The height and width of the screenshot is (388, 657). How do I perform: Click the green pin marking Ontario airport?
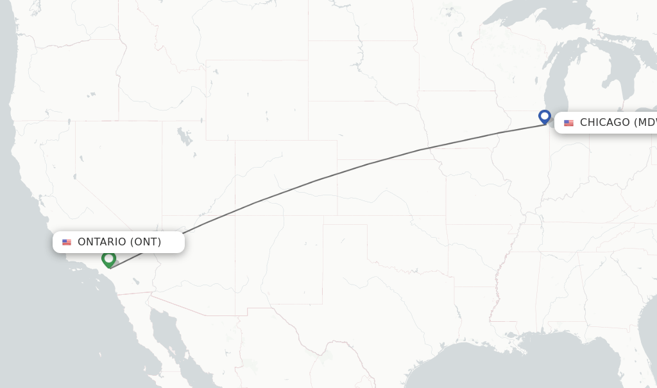click(x=109, y=259)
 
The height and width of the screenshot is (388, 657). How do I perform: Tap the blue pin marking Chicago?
click(x=545, y=117)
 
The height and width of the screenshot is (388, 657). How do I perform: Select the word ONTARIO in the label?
click(x=102, y=242)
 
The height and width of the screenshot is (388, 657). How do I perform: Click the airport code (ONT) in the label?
click(x=146, y=242)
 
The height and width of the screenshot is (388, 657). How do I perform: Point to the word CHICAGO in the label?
click(x=604, y=123)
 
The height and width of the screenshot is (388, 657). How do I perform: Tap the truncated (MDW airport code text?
click(x=645, y=123)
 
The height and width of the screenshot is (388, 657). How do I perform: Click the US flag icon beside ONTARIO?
click(x=67, y=242)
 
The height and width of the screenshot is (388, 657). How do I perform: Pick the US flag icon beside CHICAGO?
click(x=568, y=123)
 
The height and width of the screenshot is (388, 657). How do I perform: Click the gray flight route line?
click(x=321, y=178)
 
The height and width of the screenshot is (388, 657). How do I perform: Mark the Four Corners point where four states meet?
click(x=235, y=215)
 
